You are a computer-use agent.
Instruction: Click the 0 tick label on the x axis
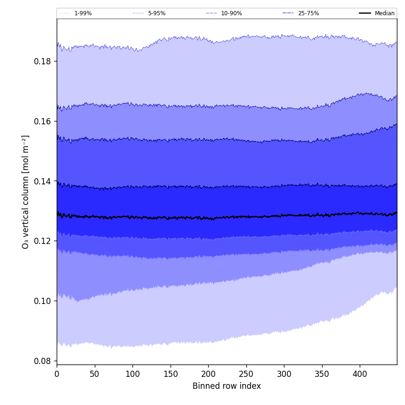57,373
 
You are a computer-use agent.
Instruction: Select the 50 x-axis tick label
95,373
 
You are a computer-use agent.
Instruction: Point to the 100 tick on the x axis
132,373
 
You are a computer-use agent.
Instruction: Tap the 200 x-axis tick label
208,373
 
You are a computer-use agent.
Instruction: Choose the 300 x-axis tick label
284,373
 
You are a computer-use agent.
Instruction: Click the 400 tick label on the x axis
360,373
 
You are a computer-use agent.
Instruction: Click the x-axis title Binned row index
227,386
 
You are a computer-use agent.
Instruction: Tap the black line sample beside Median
365,13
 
